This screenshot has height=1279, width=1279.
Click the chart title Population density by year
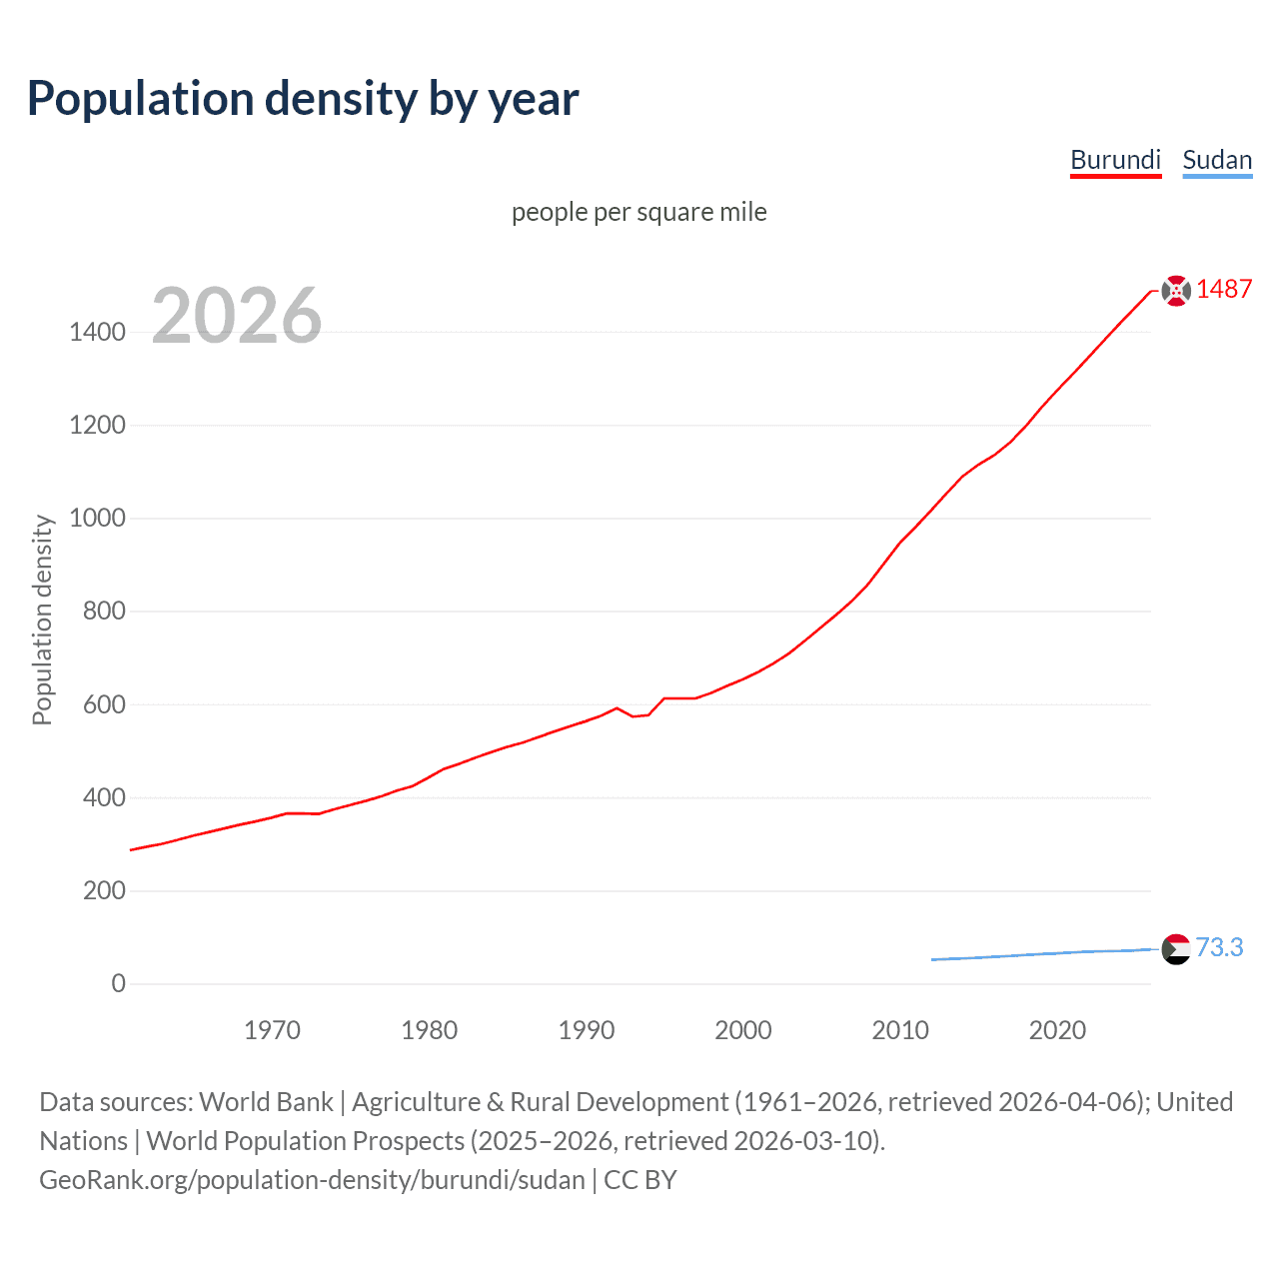pyautogui.click(x=303, y=99)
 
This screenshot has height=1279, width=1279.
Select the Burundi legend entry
pyautogui.click(x=1115, y=160)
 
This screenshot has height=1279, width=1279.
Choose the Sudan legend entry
pyautogui.click(x=1217, y=160)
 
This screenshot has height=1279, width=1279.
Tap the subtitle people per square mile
pyautogui.click(x=639, y=212)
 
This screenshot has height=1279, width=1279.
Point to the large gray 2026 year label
pyautogui.click(x=237, y=316)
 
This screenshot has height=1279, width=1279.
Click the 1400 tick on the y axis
pyautogui.click(x=97, y=332)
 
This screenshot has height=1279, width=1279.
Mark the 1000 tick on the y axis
pyautogui.click(x=97, y=518)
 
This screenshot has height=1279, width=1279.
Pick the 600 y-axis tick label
pyautogui.click(x=104, y=704)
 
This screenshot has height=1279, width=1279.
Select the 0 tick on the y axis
pyautogui.click(x=118, y=983)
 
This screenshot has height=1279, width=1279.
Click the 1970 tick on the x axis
pyautogui.click(x=272, y=1029)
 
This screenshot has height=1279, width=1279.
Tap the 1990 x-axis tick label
pyautogui.click(x=587, y=1029)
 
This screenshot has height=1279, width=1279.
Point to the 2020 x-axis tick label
pyautogui.click(x=1057, y=1029)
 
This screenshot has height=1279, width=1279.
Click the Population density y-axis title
pyautogui.click(x=42, y=620)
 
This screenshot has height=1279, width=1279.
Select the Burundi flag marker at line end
pyautogui.click(x=1176, y=290)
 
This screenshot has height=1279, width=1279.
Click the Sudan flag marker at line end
pyautogui.click(x=1176, y=948)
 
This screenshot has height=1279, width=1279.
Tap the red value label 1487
pyautogui.click(x=1224, y=289)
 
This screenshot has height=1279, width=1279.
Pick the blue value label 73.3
pyautogui.click(x=1219, y=947)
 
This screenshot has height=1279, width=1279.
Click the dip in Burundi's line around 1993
pyautogui.click(x=634, y=715)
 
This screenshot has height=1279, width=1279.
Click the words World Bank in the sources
pyautogui.click(x=266, y=1101)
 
